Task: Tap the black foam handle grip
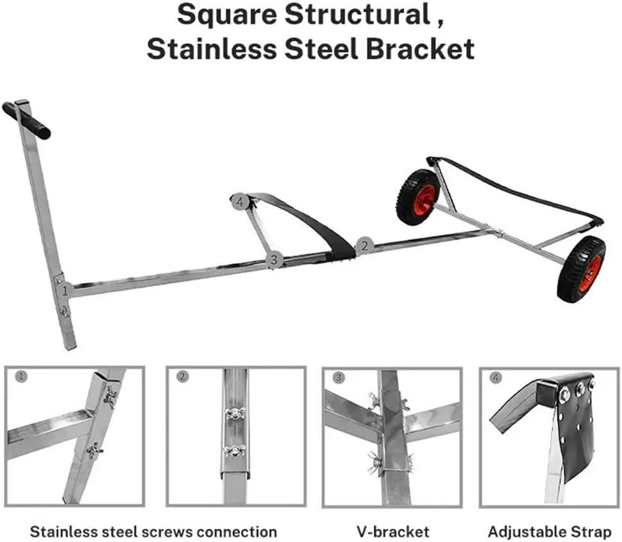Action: (26, 120)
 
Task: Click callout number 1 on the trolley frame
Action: (63, 291)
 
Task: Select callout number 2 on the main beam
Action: (364, 245)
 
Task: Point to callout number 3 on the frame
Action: (274, 260)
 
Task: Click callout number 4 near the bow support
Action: (239, 201)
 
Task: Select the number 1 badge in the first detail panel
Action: (21, 377)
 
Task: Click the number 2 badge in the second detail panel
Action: (183, 377)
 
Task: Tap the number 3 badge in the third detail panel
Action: (339, 377)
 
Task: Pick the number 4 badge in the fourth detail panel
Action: (496, 377)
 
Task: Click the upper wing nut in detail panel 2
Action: (235, 412)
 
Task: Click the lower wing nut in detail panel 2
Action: (235, 450)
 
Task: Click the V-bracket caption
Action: (392, 531)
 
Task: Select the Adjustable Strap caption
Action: (549, 531)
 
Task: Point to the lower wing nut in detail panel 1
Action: (95, 451)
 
